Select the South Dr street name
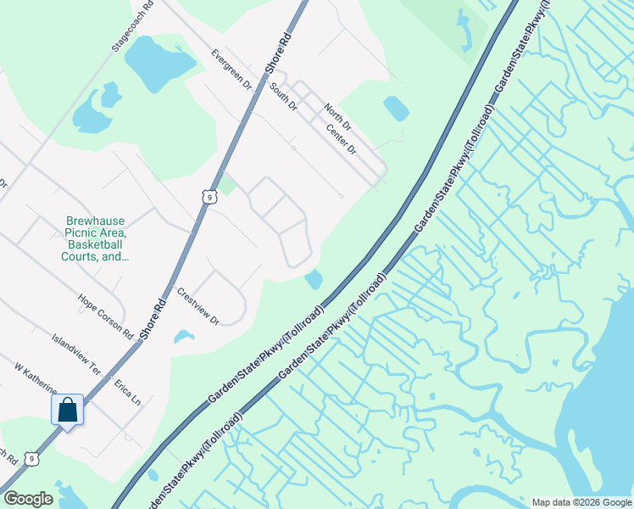tap(284, 97)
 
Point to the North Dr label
tap(337, 117)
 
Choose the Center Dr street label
tap(342, 139)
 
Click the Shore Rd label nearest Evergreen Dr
tap(276, 51)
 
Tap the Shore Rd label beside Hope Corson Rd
tap(152, 317)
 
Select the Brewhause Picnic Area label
tap(96, 238)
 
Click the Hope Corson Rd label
tap(105, 316)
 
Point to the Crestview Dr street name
tap(198, 306)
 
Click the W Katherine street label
tap(36, 378)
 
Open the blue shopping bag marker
tap(68, 411)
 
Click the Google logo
tap(28, 499)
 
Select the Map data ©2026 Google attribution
tap(581, 502)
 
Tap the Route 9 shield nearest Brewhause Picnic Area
tap(209, 197)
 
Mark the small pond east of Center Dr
tap(396, 108)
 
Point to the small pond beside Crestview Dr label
tap(184, 337)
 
